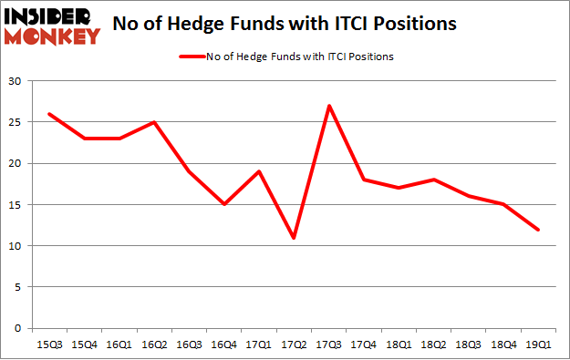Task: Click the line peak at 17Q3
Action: coord(328,106)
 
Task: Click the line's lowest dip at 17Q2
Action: coord(293,238)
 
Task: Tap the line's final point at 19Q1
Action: coord(538,230)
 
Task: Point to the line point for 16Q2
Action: coord(153,122)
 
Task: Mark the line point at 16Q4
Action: coord(223,204)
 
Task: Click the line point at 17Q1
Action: coord(258,171)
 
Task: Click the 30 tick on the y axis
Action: coord(16,82)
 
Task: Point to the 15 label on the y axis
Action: coord(16,205)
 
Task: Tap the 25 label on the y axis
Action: coord(16,123)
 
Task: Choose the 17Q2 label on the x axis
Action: coord(293,344)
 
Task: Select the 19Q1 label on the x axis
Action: coord(538,344)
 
